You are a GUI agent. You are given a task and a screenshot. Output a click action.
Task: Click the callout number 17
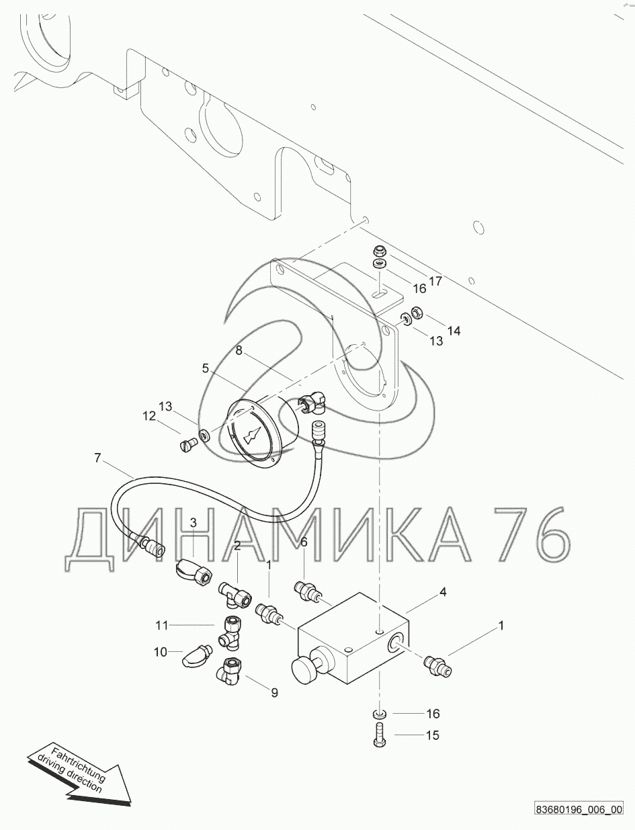click(x=435, y=281)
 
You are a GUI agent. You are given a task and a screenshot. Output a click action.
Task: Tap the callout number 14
click(x=454, y=331)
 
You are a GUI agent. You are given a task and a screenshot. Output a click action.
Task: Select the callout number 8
click(x=239, y=351)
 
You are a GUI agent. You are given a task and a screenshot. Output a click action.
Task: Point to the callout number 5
click(x=205, y=368)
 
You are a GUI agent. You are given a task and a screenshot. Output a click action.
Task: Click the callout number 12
click(x=149, y=416)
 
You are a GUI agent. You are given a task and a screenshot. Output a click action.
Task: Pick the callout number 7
click(x=97, y=458)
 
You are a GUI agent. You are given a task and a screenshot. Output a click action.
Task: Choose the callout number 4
click(x=443, y=592)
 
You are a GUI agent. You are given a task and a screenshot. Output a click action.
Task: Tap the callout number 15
click(x=433, y=735)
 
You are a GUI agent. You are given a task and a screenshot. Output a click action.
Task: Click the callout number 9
click(x=274, y=693)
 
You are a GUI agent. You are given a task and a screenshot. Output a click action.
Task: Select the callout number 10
click(x=161, y=652)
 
